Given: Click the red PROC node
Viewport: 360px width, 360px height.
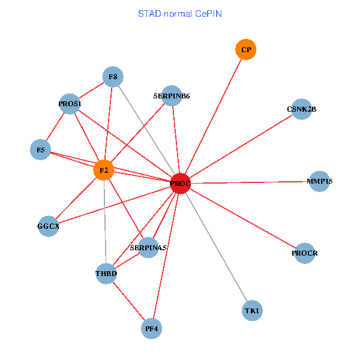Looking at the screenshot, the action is (x=180, y=183).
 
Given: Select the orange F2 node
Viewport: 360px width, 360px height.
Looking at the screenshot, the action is (x=104, y=170).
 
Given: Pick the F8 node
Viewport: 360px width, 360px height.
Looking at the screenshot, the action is (x=113, y=77).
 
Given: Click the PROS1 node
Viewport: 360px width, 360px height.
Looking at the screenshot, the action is (x=70, y=104).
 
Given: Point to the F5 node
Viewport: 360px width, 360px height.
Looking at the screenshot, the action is (x=40, y=149).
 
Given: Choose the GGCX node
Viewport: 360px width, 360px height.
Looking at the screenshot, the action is (x=48, y=226).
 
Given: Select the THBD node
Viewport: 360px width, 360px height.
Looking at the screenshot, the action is (x=106, y=274).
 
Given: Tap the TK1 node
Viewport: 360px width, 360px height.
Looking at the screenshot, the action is (x=253, y=311).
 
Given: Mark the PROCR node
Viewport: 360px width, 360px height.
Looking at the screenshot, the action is (x=304, y=253).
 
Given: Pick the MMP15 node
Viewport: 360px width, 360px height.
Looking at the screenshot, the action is (x=319, y=181).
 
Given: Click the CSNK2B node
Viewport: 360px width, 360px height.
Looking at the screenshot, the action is (x=301, y=109).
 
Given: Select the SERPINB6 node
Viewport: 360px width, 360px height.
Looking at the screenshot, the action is (x=172, y=95).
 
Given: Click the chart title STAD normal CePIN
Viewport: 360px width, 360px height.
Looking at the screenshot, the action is (x=180, y=13).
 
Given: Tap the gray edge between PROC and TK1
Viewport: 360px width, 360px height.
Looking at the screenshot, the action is (x=216, y=247).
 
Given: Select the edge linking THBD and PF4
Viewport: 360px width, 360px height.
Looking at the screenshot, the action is (x=128, y=301).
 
